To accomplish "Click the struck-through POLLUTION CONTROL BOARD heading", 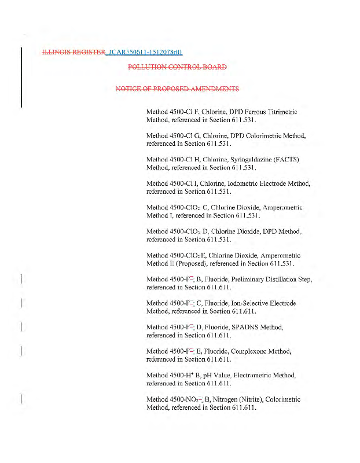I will (177, 67).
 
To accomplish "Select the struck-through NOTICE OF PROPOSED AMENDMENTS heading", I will (177, 89).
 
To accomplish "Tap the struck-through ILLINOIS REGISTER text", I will (74, 52).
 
